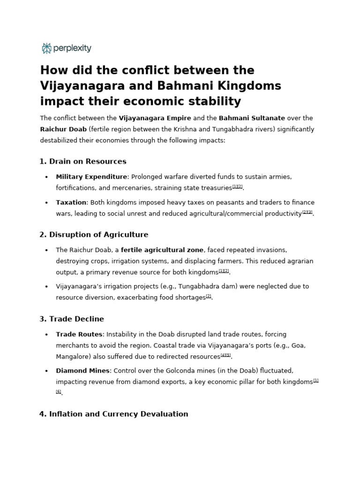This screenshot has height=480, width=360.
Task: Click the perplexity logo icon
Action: (46, 48)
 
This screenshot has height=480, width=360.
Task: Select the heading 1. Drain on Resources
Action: (83, 162)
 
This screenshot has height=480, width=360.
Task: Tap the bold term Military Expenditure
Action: (91, 177)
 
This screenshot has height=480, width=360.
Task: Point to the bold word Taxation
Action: (71, 202)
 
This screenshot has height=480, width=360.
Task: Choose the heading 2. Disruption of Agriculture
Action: (94, 235)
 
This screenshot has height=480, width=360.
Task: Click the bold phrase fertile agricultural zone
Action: (162, 250)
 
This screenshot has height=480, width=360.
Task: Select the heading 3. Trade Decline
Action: (72, 319)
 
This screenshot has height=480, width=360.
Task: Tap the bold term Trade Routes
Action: (79, 334)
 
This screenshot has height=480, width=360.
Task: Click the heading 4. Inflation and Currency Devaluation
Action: (114, 414)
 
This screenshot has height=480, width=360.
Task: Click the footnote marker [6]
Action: (59, 392)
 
